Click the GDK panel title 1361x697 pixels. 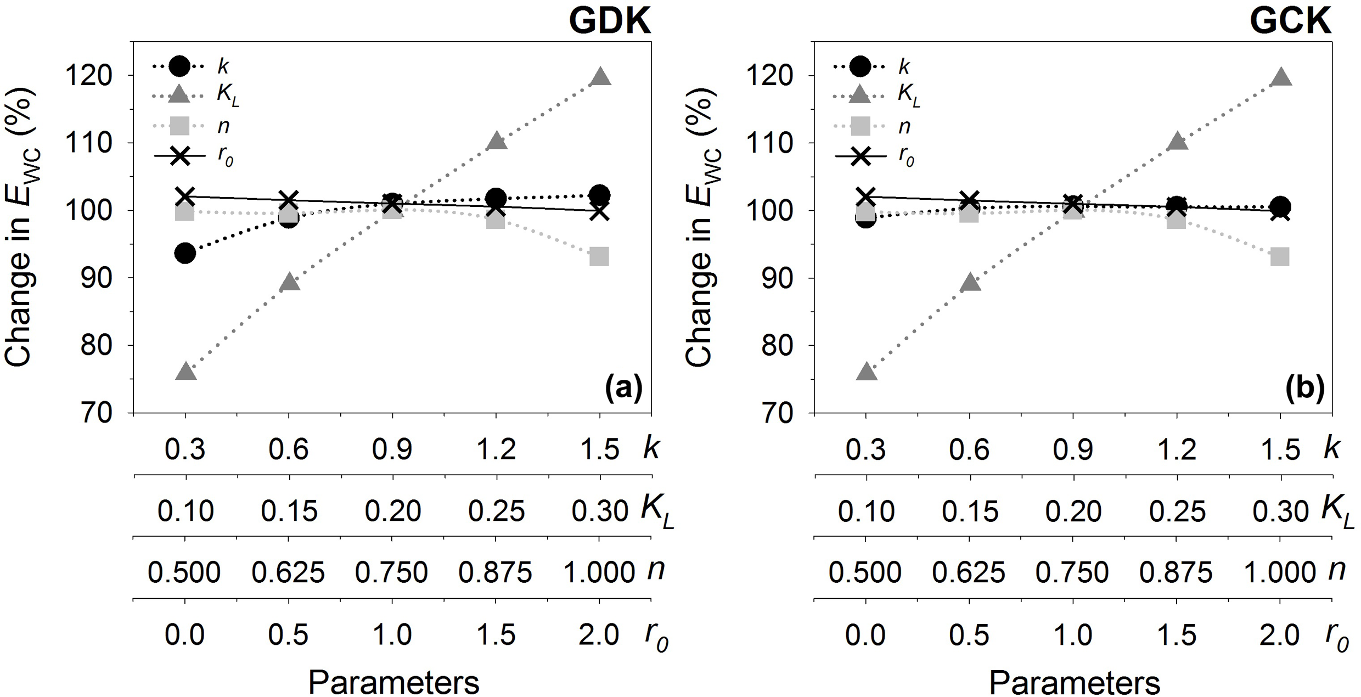pyautogui.click(x=610, y=22)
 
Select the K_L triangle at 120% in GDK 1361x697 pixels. pyautogui.click(x=600, y=77)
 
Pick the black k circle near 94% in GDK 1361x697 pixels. pyautogui.click(x=185, y=253)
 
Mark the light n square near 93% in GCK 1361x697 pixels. pyautogui.click(x=1280, y=256)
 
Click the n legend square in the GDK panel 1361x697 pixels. pyautogui.click(x=179, y=126)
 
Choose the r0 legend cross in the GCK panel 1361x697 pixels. pyautogui.click(x=861, y=156)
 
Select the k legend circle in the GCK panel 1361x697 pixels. pyautogui.click(x=861, y=66)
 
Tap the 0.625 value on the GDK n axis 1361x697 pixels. pyautogui.click(x=289, y=573)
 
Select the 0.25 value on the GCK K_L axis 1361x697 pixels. pyautogui.click(x=1177, y=511)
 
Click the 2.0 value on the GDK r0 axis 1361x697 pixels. pyautogui.click(x=600, y=636)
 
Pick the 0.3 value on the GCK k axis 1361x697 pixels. pyautogui.click(x=866, y=449)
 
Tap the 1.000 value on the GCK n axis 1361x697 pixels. pyautogui.click(x=1280, y=573)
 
